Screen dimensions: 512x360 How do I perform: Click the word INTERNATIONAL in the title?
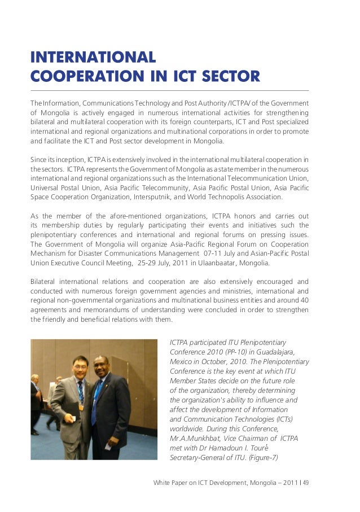(94, 57)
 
